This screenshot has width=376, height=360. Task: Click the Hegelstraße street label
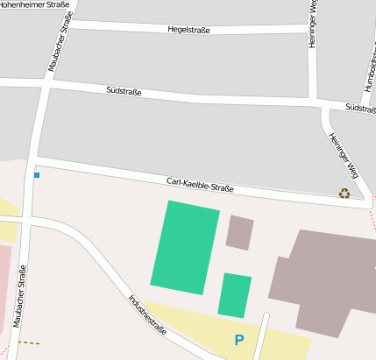(x=189, y=30)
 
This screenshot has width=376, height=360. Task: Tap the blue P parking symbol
(x=238, y=340)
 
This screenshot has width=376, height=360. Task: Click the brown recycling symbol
(x=344, y=194)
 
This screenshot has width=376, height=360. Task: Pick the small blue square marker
(x=37, y=176)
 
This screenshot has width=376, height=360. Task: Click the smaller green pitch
(x=235, y=295)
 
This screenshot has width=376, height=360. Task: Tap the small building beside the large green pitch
(x=239, y=232)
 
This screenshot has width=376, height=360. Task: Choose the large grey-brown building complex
(x=324, y=280)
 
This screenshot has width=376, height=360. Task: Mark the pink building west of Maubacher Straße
(x=4, y=280)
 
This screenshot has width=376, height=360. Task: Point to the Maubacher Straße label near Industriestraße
(x=21, y=300)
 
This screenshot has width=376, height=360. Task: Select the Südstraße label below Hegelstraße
(x=124, y=90)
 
